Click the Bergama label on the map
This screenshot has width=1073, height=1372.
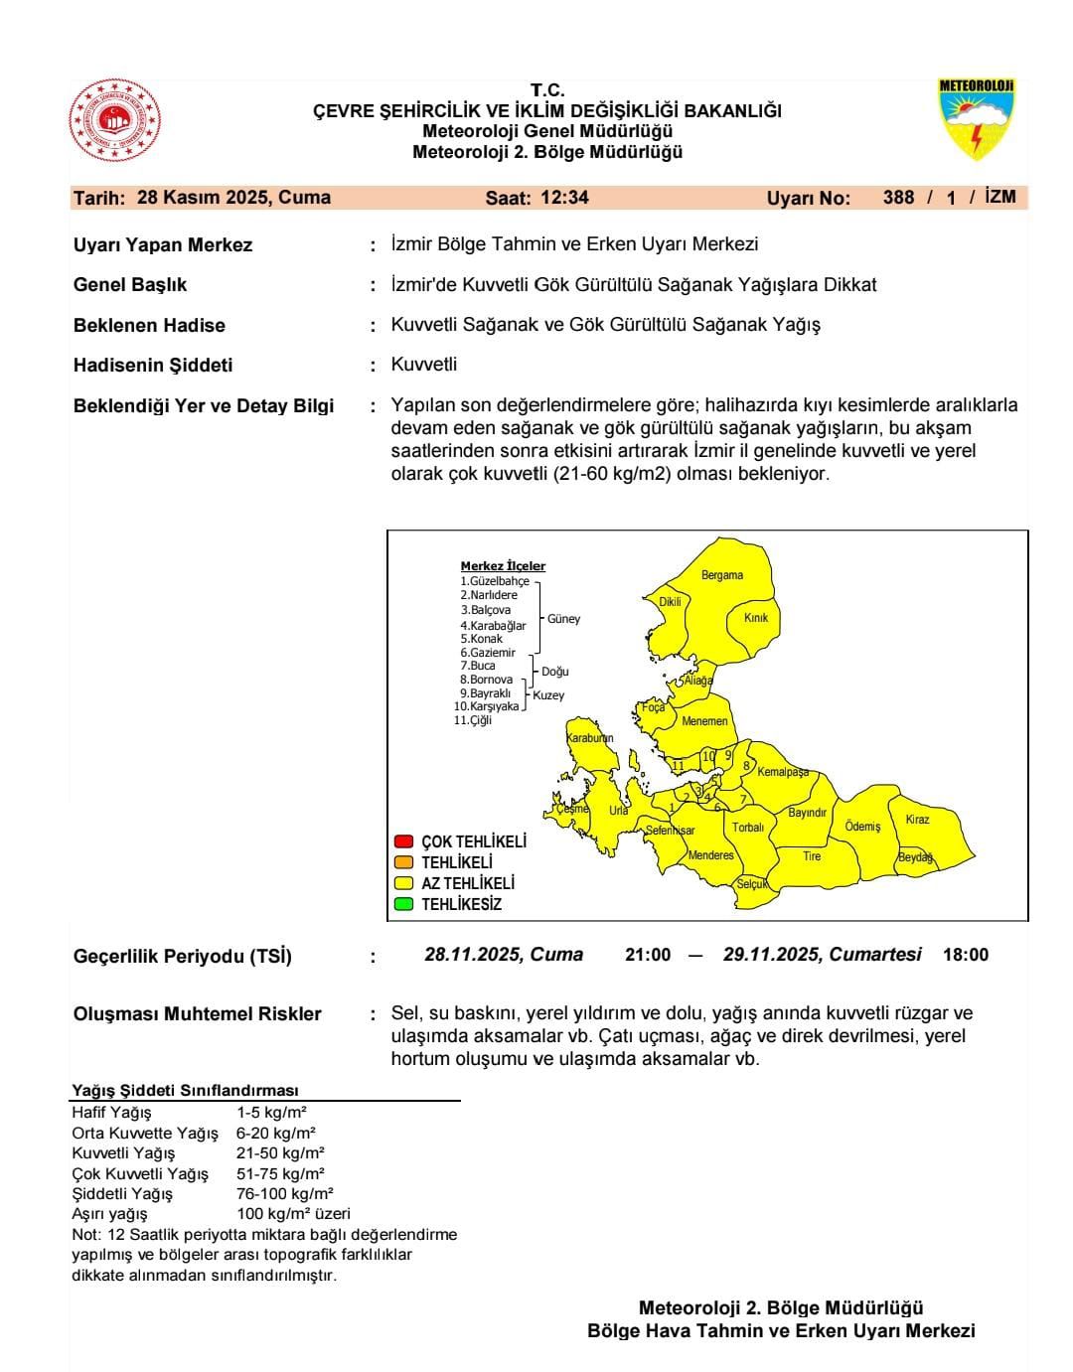point(722,575)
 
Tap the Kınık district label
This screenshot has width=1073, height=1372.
point(756,618)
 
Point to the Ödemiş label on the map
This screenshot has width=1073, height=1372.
point(862,827)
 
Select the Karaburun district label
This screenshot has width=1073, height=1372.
point(589,738)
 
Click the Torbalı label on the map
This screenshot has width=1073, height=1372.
point(748,828)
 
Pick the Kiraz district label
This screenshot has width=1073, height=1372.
point(917,820)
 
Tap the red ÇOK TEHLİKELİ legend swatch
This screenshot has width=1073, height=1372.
point(403,841)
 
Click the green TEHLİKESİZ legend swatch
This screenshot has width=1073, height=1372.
point(403,904)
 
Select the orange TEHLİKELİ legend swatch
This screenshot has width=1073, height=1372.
point(403,862)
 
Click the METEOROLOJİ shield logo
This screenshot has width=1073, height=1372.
point(977,120)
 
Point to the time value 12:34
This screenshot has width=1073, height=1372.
point(564,198)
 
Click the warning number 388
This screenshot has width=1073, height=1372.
point(898,198)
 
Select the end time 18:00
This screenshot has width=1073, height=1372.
point(966,955)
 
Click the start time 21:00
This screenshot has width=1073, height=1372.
point(648,955)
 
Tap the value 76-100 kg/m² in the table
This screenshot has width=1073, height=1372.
point(285,1193)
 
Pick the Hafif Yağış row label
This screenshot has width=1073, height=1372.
point(111,1113)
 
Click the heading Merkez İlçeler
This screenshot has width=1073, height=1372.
point(503,566)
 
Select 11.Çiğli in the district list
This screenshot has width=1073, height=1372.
point(473,720)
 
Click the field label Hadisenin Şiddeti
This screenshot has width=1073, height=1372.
point(153,366)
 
